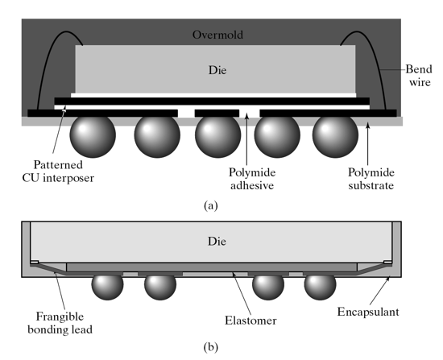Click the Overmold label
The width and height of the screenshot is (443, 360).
point(217,35)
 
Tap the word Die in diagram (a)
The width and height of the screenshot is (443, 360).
point(217,70)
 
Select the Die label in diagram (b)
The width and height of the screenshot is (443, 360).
point(217,242)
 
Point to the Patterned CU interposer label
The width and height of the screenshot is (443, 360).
point(58,172)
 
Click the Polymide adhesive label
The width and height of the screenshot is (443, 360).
point(252,179)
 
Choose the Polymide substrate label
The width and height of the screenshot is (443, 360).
point(371,179)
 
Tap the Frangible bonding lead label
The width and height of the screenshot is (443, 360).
point(60,323)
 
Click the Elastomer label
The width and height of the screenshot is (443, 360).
point(250,321)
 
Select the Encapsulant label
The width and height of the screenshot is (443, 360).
point(368,312)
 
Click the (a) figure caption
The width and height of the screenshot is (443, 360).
point(211,205)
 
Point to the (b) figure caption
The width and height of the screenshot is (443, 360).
point(211,347)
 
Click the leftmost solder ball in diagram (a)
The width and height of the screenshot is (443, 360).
point(93,134)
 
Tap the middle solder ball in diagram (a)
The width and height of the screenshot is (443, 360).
point(217,135)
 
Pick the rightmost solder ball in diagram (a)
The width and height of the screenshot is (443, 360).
point(335,135)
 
